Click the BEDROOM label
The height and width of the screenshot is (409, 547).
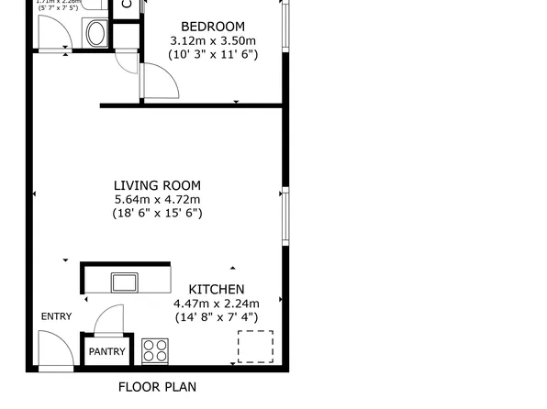[213, 26]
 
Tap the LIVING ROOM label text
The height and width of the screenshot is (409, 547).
[157, 185]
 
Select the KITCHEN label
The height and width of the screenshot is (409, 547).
[216, 289]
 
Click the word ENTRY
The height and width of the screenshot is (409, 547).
[56, 316]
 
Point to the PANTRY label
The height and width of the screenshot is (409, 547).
[107, 351]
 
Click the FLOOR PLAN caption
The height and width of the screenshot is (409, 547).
[157, 387]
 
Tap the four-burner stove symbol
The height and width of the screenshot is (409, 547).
[155, 351]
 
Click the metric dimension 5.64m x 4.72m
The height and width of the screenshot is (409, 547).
[157, 199]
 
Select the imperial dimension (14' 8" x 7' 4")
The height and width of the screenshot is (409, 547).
[216, 317]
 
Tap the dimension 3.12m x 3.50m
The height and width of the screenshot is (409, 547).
[213, 40]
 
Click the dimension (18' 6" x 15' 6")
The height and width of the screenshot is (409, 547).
[157, 213]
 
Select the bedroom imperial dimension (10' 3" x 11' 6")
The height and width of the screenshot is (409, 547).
[213, 54]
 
